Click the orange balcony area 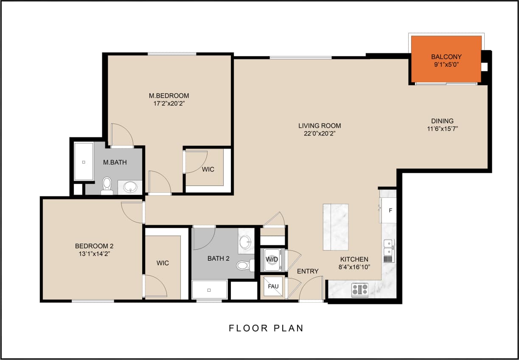(446, 59)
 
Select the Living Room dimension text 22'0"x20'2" (319, 133)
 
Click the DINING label (443, 121)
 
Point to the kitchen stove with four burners (360, 290)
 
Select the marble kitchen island (336, 227)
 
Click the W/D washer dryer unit (271, 260)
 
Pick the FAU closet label (273, 286)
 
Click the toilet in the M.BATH (107, 186)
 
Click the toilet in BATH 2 (243, 265)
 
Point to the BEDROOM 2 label (94, 246)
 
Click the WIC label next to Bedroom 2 (163, 263)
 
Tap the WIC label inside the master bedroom (208, 169)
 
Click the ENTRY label (308, 271)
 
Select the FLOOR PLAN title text (266, 328)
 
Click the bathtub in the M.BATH (84, 162)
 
